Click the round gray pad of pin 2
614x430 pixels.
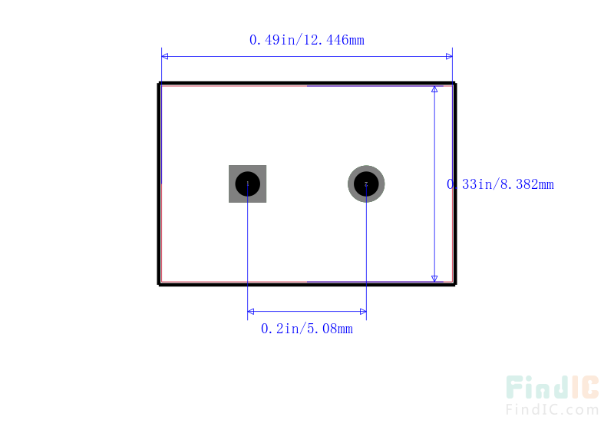[366, 167]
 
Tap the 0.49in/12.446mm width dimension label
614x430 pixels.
[306, 40]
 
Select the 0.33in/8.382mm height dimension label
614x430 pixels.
[500, 184]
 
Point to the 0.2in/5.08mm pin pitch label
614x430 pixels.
[306, 329]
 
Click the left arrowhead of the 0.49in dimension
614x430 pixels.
[165, 56]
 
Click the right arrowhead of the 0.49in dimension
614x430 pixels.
[449, 56]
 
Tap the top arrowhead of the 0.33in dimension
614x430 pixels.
[434, 89]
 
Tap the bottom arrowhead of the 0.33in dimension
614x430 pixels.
[434, 279]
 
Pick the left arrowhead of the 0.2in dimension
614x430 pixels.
[251, 312]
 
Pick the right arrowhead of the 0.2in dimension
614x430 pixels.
[363, 312]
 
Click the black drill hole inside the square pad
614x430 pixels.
[247, 184]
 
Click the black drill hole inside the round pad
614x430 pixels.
[366, 184]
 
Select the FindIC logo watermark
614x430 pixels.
[552, 387]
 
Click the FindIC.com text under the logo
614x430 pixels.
[552, 409]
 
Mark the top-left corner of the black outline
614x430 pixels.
[159, 84]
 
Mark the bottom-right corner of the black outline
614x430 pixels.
[455, 284]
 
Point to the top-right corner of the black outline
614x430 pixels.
[455, 84]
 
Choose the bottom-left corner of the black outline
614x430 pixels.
[159, 284]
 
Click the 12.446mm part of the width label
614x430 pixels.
[334, 40]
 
